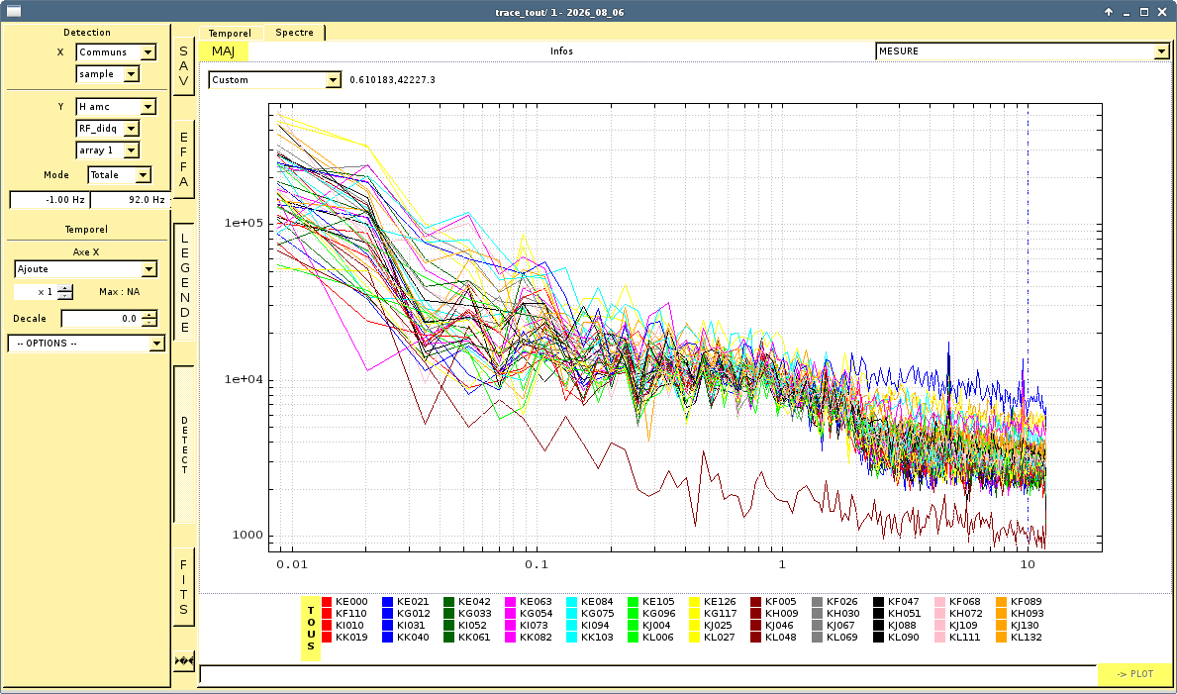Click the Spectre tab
click(x=294, y=33)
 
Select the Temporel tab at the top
click(x=230, y=33)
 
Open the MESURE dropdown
click(x=1023, y=51)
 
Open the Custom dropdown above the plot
click(x=275, y=79)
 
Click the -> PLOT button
click(x=1134, y=674)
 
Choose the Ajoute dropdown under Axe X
click(x=85, y=269)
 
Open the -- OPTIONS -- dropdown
click(x=85, y=344)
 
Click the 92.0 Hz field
click(x=129, y=200)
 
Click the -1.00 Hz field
click(x=49, y=200)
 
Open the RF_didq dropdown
click(x=107, y=129)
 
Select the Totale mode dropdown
click(x=120, y=175)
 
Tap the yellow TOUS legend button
click(x=311, y=629)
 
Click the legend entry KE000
click(x=344, y=602)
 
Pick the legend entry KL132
click(x=1019, y=638)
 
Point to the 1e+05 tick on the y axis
click(x=245, y=223)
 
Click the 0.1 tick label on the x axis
click(x=537, y=565)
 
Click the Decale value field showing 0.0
click(x=109, y=319)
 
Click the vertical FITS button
click(x=184, y=587)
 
